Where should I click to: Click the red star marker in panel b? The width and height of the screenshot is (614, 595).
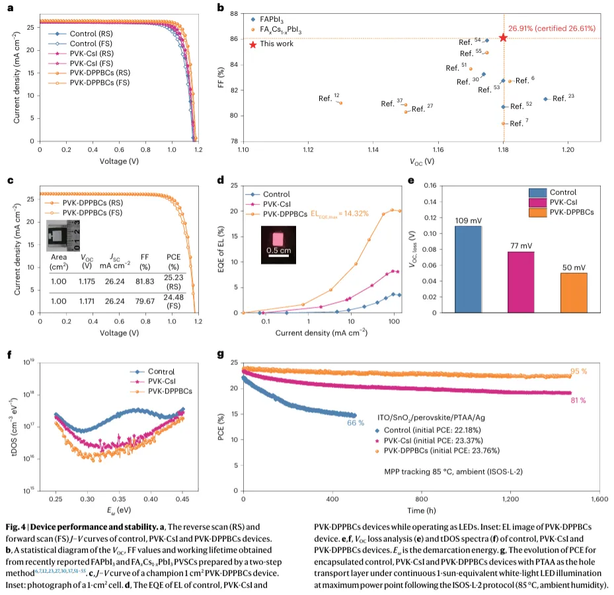click(x=503, y=38)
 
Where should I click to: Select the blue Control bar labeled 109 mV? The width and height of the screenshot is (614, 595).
click(x=468, y=269)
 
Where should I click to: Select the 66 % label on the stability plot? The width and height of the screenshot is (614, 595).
click(x=356, y=422)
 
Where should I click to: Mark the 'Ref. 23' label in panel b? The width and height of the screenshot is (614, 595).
click(x=563, y=98)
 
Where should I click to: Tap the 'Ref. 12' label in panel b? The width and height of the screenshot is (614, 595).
click(x=328, y=98)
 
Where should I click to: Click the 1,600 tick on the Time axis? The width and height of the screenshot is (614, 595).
click(x=599, y=499)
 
